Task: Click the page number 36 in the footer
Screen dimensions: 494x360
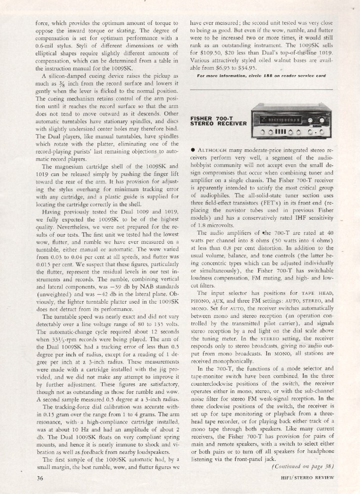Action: tap(40, 478)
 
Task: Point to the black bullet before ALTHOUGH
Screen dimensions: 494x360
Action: tap(193, 149)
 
